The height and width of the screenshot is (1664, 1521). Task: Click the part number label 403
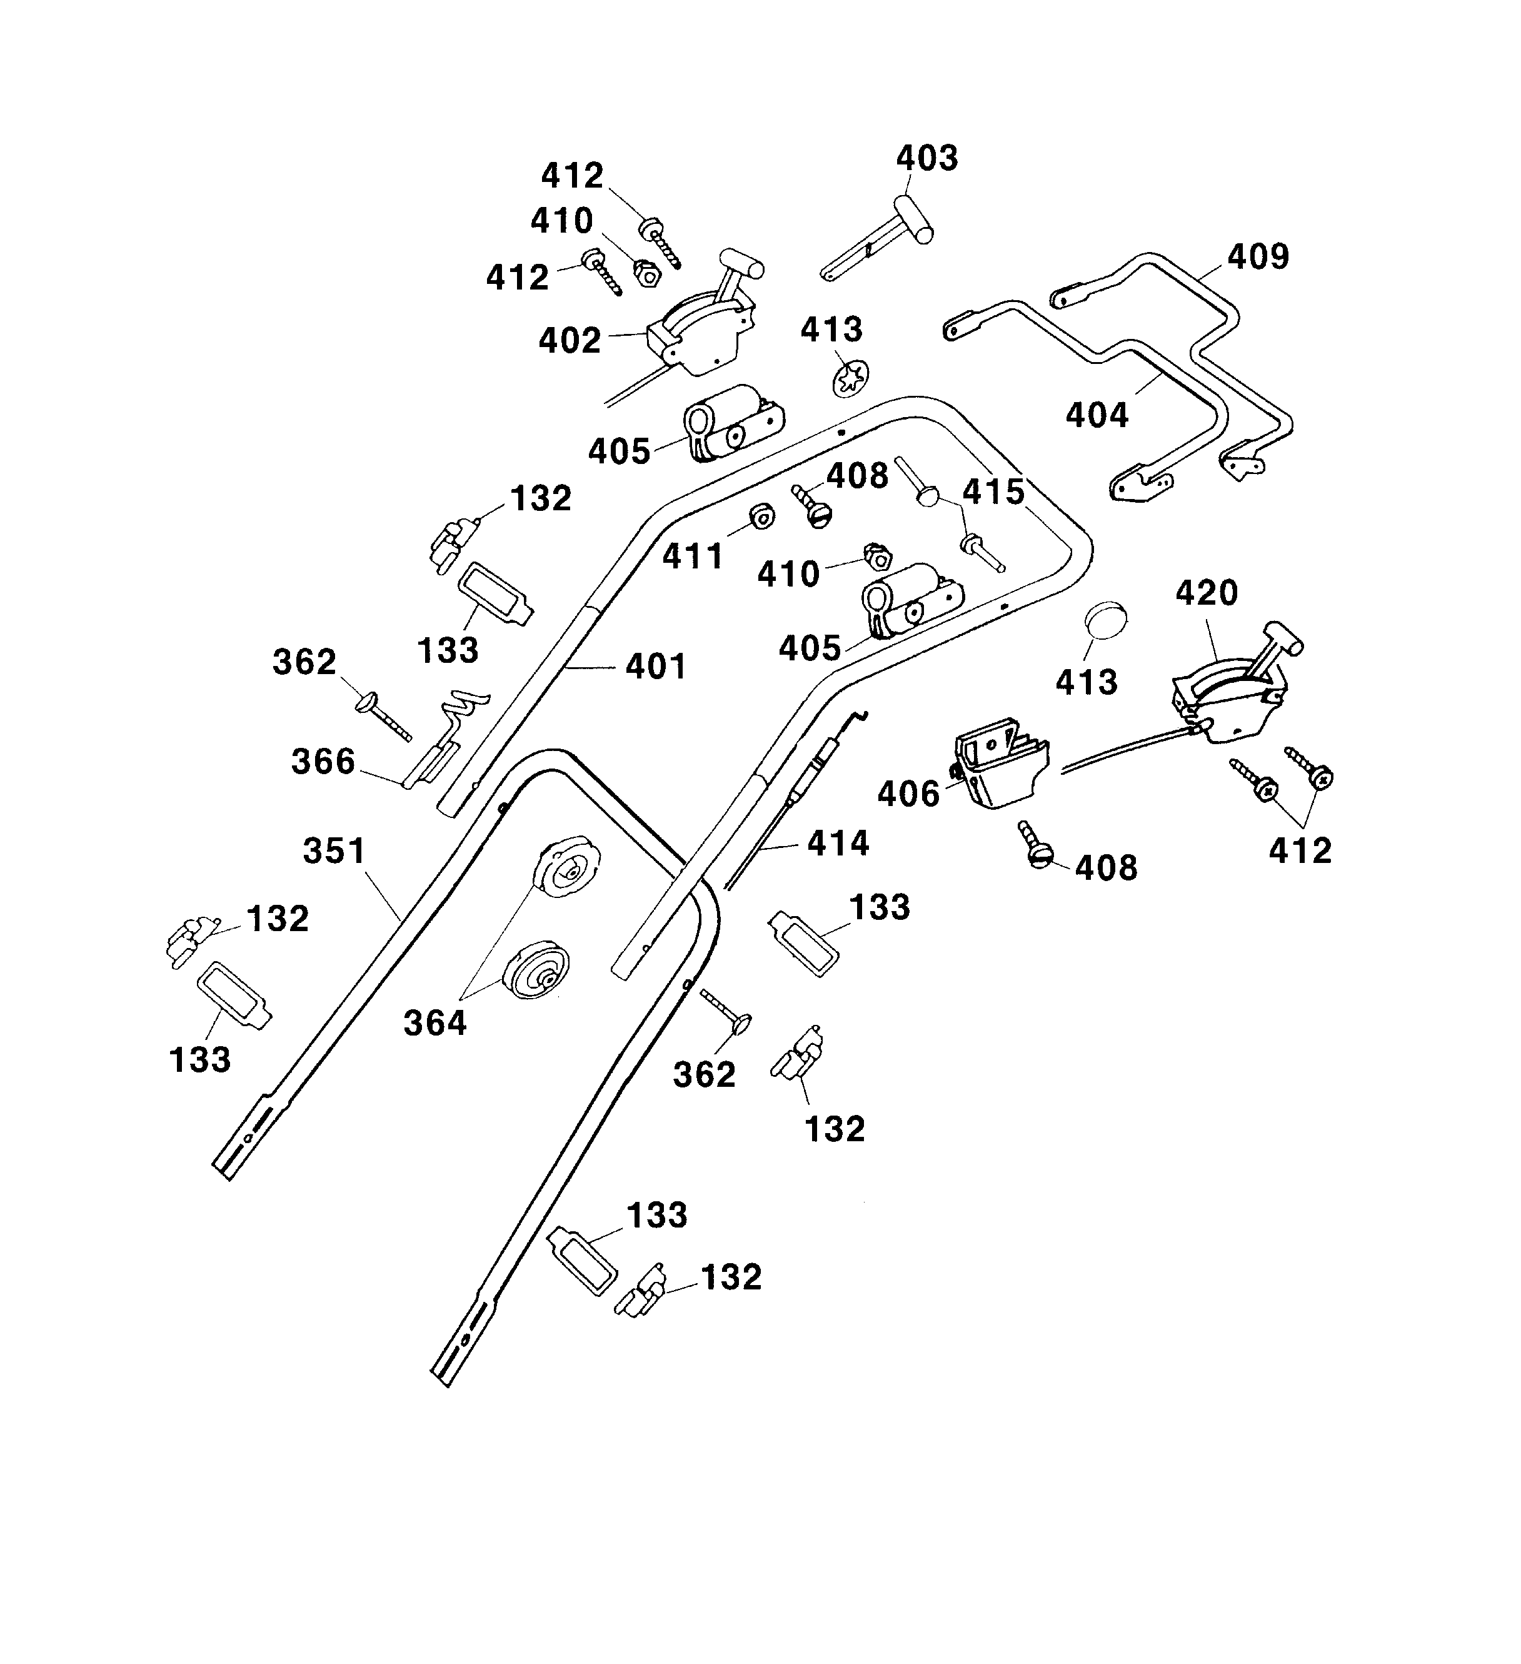927,158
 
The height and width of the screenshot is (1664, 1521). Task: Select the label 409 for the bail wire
1258,257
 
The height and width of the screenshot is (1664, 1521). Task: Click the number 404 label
1097,415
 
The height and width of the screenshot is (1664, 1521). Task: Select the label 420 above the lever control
1207,593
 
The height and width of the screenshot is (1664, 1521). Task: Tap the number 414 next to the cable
838,843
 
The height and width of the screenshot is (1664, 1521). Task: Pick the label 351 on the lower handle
334,851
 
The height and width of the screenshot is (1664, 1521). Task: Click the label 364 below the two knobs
435,1024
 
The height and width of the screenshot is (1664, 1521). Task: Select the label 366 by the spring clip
323,761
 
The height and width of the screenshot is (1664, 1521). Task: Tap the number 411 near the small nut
693,557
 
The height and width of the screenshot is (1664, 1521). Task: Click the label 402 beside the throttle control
570,340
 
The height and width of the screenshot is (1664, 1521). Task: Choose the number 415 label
993,492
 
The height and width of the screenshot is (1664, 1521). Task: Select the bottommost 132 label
730,1277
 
